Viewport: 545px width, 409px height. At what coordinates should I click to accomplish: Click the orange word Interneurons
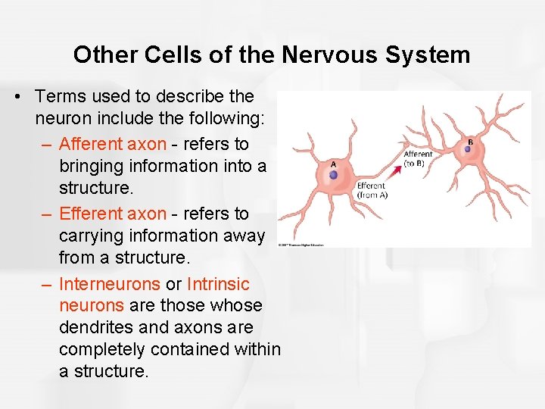pos(110,285)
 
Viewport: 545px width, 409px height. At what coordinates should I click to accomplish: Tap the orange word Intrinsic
pos(218,285)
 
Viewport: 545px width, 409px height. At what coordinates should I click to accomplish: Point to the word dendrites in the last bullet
pos(95,328)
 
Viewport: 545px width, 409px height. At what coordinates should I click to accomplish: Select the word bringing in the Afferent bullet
pos(92,166)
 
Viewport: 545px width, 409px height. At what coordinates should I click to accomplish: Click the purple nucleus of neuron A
pos(334,175)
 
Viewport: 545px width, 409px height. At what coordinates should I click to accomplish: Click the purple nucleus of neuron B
pos(467,149)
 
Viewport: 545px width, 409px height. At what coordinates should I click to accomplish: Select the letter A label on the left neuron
pos(334,163)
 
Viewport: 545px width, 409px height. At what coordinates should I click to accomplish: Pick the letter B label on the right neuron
pos(471,141)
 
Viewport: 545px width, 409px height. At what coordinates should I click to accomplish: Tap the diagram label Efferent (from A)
pos(371,190)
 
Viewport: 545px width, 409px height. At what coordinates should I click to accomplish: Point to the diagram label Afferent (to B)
pos(418,159)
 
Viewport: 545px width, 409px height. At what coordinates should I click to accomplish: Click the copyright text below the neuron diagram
pos(301,245)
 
